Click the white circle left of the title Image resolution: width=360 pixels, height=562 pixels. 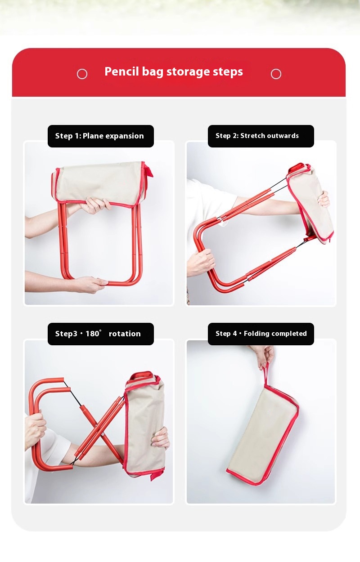pyautogui.click(x=82, y=74)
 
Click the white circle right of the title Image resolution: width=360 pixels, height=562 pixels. pyautogui.click(x=276, y=74)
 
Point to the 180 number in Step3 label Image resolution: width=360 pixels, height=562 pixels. pyautogui.click(x=92, y=334)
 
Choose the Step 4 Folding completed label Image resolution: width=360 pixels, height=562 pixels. pyautogui.click(x=261, y=334)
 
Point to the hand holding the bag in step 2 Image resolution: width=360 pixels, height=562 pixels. pyautogui.click(x=324, y=199)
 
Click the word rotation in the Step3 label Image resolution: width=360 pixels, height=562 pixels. pyautogui.click(x=125, y=334)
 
